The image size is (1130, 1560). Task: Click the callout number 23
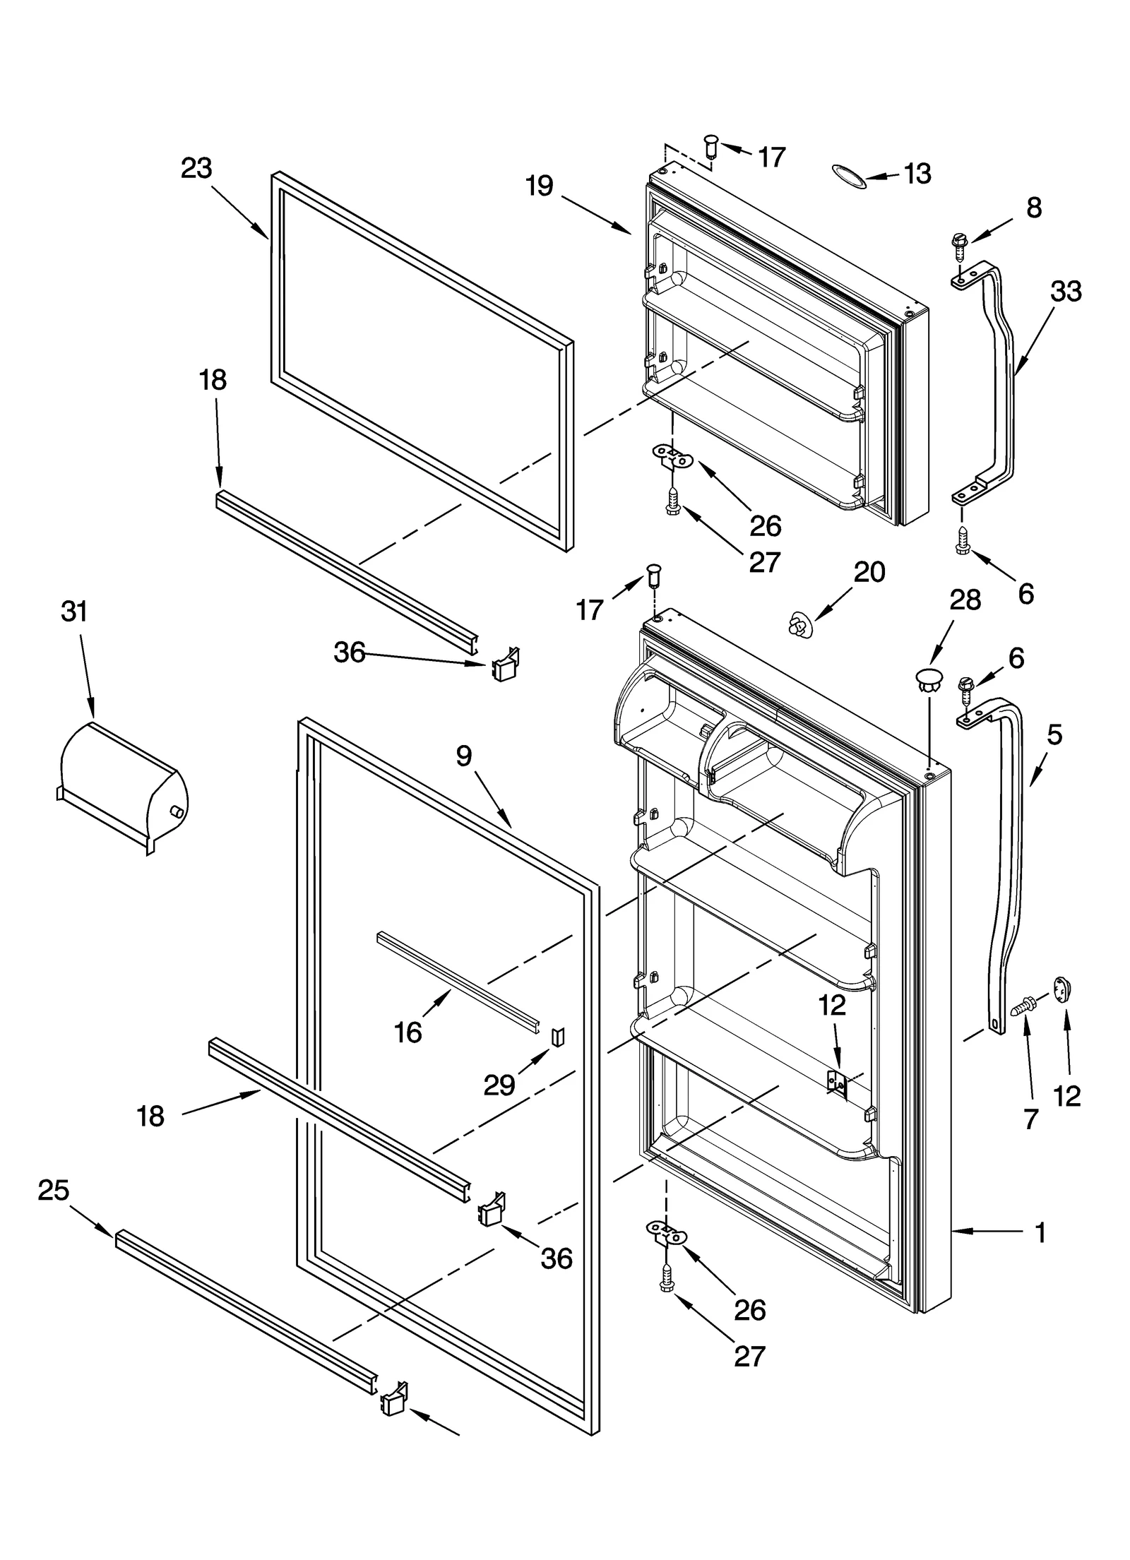coord(196,168)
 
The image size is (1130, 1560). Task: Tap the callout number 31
coord(74,611)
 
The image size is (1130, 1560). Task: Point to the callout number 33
coord(1066,291)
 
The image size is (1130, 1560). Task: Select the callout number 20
coord(869,571)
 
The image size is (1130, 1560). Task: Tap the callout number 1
coord(1040,1232)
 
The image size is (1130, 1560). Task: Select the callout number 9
coord(463,756)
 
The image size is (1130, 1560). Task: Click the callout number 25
coord(54,1190)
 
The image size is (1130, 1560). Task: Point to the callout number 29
coord(499,1085)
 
